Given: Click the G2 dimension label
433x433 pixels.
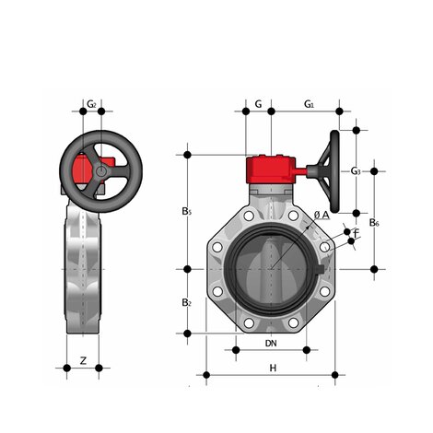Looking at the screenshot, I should tap(91, 105).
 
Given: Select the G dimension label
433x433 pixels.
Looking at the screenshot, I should tap(259, 105).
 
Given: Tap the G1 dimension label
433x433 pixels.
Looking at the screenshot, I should tap(310, 105).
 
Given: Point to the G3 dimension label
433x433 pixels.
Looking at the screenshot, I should tap(356, 171).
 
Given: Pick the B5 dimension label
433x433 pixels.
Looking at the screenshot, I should tap(187, 212).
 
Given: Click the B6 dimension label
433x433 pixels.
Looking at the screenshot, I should tap(373, 222).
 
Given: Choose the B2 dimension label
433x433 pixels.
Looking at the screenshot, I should tap(186, 302).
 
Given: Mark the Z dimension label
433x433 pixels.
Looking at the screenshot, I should tap(84, 360).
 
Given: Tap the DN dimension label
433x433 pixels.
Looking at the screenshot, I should tap(271, 344).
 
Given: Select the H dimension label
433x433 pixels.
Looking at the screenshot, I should tap(272, 369).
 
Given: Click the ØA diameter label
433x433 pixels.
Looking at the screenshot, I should tap(320, 215).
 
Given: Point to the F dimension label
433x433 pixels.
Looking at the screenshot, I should tap(357, 234).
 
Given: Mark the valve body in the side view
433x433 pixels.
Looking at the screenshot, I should tap(84, 276).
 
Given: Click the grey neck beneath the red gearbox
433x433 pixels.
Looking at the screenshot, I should tap(270, 194).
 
